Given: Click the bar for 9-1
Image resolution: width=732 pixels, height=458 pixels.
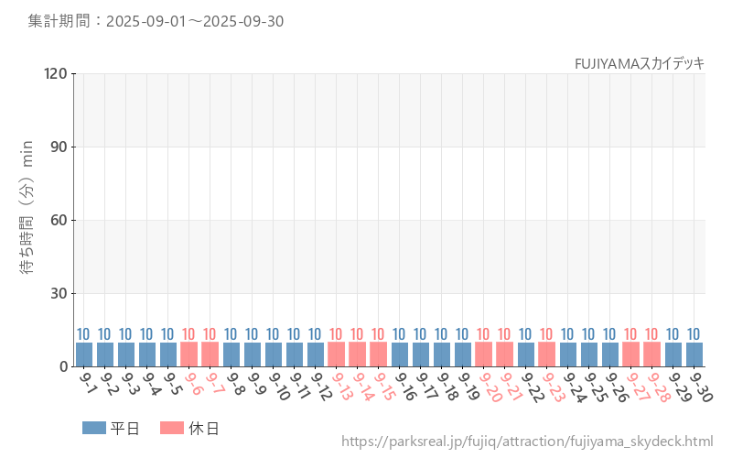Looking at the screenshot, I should pos(84,354).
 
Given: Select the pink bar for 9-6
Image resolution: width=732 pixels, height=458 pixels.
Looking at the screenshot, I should pos(189,354).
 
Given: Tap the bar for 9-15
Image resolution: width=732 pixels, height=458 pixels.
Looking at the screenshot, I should pos(379,354).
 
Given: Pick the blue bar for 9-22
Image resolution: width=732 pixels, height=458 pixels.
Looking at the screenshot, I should pos(526,354).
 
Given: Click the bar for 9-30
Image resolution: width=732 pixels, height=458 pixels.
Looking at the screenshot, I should pos(694,354).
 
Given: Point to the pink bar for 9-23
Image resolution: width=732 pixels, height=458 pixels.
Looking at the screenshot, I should pos(547,354).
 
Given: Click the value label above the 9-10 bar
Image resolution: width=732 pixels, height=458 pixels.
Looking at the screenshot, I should pos(274,334).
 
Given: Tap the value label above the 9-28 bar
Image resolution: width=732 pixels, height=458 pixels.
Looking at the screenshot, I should pos(652,334).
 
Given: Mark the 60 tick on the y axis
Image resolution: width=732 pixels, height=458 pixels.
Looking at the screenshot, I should pos(59,220).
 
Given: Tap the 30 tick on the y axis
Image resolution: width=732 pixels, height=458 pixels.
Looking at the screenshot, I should pos(59,293).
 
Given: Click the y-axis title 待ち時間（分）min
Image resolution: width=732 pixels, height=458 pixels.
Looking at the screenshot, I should pos(27,220).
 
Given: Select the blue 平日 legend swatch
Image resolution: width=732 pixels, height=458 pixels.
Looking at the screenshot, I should pos(94,428).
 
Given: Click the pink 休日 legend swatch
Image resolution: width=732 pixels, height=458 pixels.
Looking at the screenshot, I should pos(172,428).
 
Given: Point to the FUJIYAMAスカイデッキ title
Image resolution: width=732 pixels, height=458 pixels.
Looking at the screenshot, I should pos(640,63).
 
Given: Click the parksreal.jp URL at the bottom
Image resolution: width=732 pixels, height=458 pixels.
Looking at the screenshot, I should pos(527,442).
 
